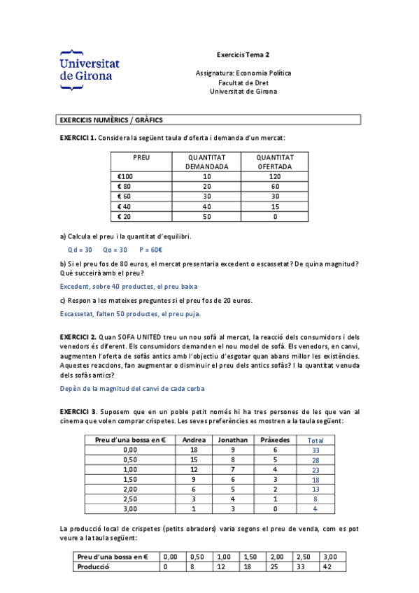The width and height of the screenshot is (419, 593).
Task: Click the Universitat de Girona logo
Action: [x=90, y=70]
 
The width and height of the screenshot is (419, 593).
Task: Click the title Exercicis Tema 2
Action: [x=243, y=55]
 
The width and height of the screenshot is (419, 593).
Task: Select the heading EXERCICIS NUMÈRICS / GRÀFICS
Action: [x=111, y=120]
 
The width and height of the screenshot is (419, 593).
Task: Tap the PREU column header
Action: [x=142, y=157]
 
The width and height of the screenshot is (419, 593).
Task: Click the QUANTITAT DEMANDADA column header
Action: [x=206, y=162]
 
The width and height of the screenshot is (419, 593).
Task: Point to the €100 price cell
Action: [x=126, y=176]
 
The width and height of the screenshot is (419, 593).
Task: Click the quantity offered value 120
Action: [x=275, y=176]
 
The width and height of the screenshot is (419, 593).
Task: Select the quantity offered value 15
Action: [x=275, y=206]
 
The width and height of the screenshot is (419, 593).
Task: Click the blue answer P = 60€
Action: [x=151, y=250]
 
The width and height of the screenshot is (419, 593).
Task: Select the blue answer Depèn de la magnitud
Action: [x=132, y=388]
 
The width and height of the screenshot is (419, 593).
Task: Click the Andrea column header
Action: [x=194, y=440]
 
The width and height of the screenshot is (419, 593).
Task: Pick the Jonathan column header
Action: [x=233, y=440]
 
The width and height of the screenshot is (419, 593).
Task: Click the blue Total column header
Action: [x=315, y=441]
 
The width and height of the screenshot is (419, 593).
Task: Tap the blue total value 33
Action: [x=316, y=450]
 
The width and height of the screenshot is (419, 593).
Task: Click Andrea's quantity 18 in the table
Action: [x=194, y=450]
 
